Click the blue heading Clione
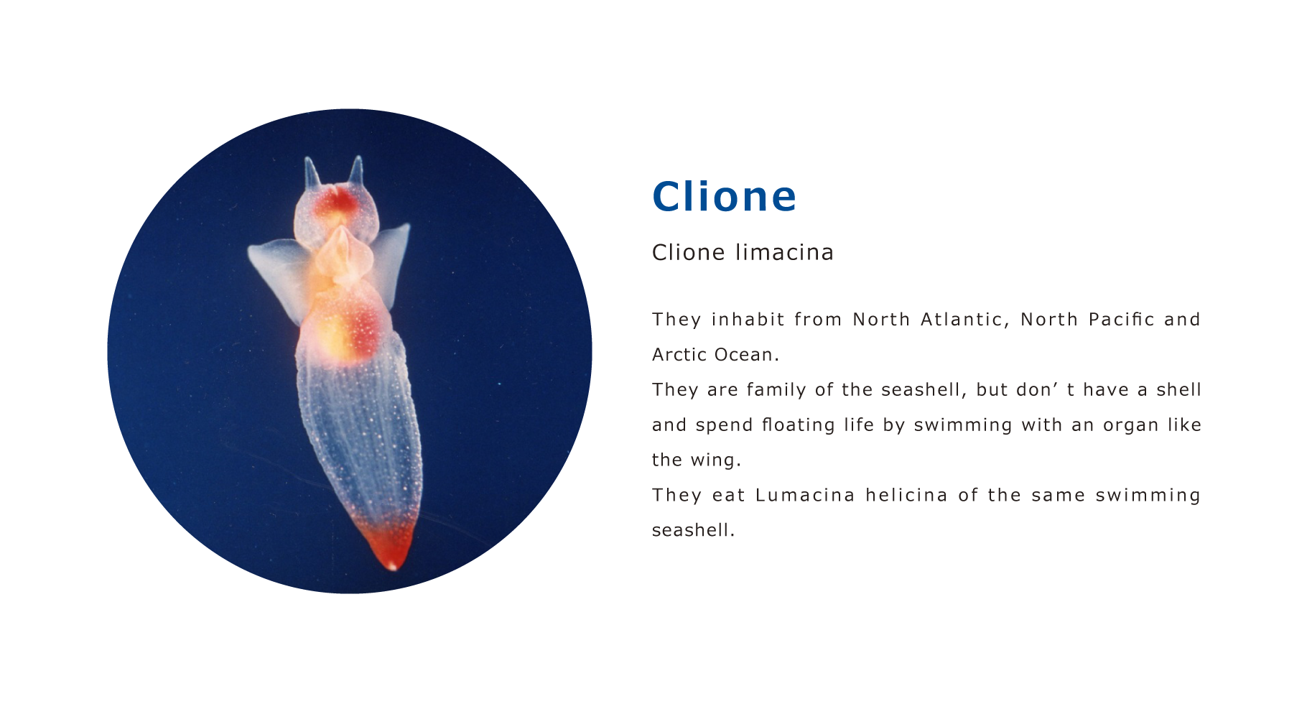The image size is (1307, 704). tap(724, 196)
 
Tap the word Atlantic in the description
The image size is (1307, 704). tap(965, 319)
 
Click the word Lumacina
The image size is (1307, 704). tap(805, 495)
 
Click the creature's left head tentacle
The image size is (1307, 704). tap(312, 174)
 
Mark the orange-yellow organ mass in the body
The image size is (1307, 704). tap(340, 327)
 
